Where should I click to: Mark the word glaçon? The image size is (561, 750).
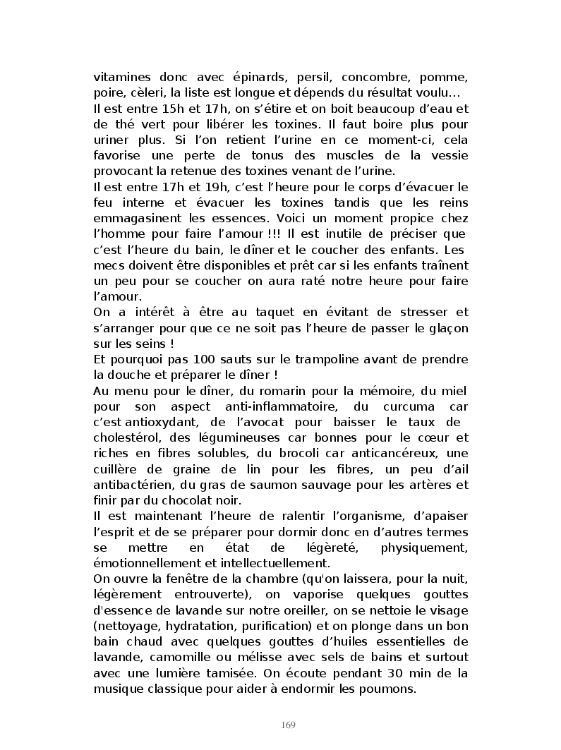coord(446,327)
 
